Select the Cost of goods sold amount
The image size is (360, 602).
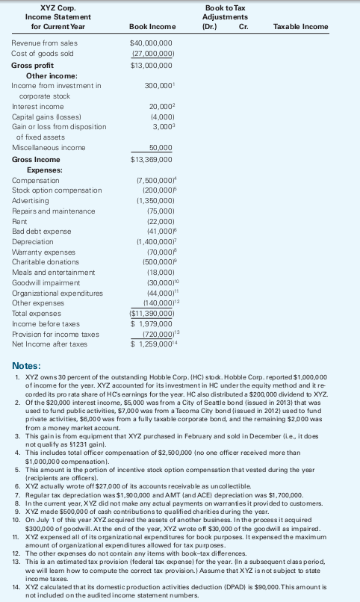coord(152,55)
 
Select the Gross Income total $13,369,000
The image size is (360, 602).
coord(152,159)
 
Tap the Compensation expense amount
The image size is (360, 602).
coord(153,180)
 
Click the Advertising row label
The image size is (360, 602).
coord(30,201)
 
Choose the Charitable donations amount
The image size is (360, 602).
coord(155,264)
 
